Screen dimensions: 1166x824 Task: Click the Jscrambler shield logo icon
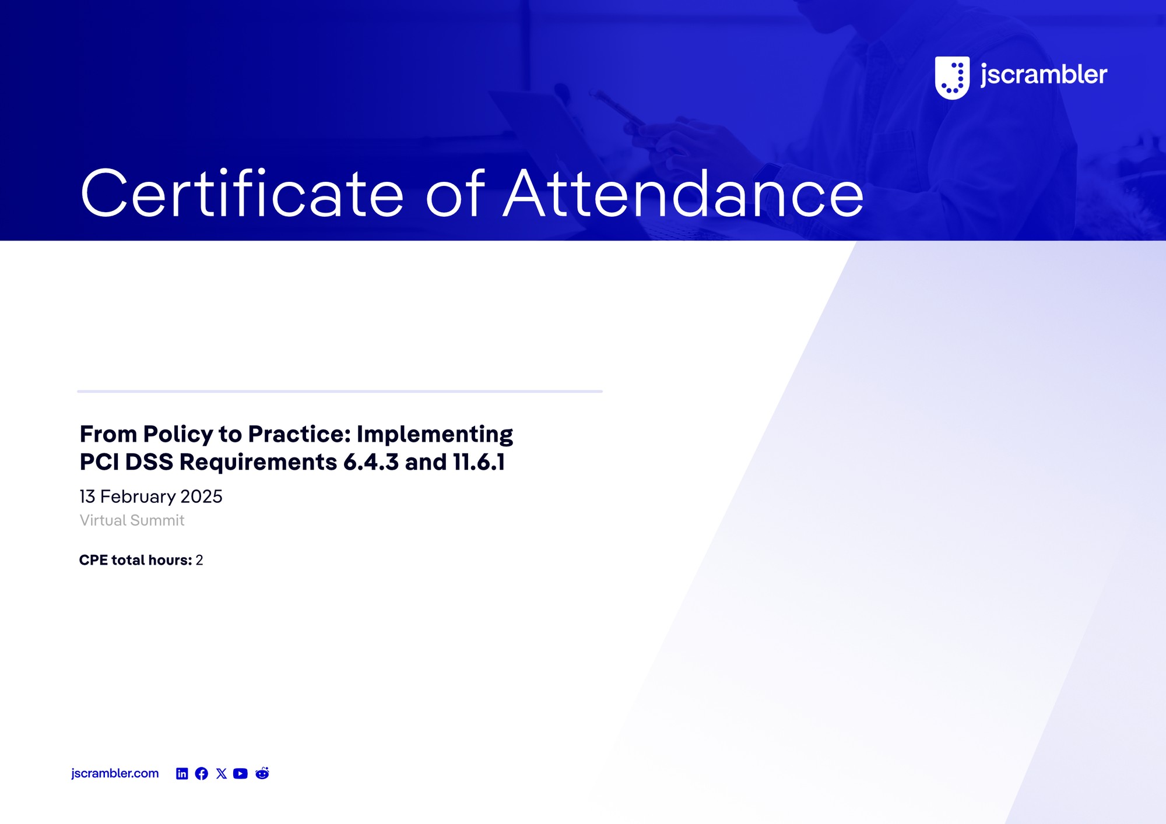[x=952, y=78]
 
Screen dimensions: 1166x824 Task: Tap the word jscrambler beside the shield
[x=1044, y=75]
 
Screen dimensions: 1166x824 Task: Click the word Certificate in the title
[x=242, y=193]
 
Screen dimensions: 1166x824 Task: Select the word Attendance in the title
[x=683, y=193]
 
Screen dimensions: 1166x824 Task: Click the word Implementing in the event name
[x=435, y=435]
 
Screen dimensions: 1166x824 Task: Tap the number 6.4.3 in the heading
[x=371, y=462]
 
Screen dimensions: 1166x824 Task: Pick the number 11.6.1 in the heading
[x=479, y=462]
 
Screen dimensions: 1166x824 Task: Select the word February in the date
[x=138, y=497]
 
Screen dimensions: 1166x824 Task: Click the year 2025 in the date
[x=202, y=496]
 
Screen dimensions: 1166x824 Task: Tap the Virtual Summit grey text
[x=132, y=520]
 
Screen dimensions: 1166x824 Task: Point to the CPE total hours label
[x=136, y=560]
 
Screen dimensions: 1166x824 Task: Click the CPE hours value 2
[x=199, y=560]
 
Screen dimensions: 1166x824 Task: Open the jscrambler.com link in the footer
[x=115, y=773]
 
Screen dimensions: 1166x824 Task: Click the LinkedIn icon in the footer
[x=182, y=773]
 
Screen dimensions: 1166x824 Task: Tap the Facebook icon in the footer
[x=202, y=773]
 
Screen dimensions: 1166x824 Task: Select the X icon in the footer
[x=222, y=773]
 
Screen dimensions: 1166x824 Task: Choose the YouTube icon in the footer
[x=240, y=773]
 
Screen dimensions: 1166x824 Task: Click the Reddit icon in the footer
[x=262, y=773]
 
